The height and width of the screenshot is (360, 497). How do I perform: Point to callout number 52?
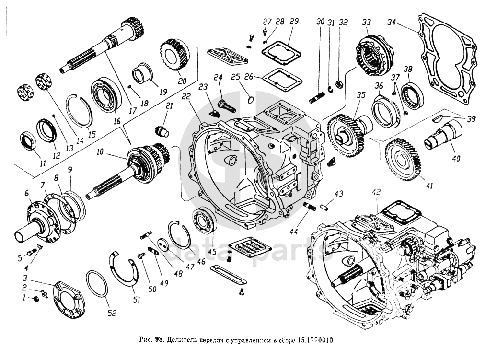pyautogui.click(x=111, y=313)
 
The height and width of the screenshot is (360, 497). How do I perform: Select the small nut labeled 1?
pyautogui.click(x=35, y=300)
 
